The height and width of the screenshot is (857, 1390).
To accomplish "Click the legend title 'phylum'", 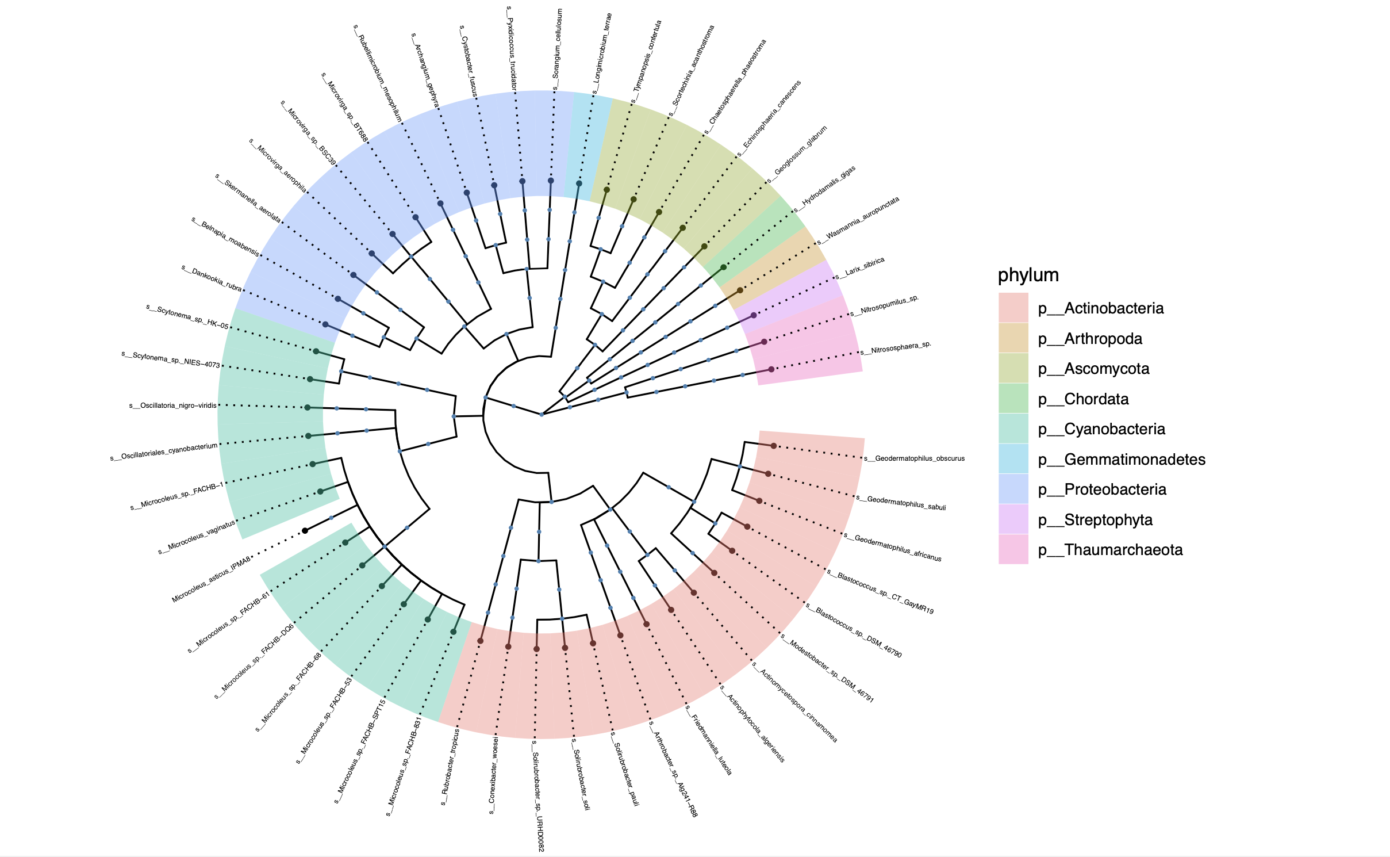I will (1028, 275).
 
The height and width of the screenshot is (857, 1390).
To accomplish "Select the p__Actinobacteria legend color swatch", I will (1013, 308).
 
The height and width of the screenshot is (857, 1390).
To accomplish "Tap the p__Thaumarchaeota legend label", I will (1110, 550).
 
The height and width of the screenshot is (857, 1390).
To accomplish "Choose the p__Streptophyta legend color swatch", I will (1013, 519).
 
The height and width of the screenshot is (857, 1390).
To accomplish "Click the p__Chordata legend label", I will (1083, 399).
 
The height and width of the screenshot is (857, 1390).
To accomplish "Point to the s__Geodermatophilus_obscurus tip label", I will (915, 458).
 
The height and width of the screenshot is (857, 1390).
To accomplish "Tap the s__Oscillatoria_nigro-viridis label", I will (172, 405).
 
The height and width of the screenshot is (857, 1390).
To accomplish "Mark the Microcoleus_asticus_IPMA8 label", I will (211, 580).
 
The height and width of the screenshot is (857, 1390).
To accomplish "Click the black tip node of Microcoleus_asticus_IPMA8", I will (305, 530).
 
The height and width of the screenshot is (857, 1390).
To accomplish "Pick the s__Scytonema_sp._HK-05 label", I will (187, 317).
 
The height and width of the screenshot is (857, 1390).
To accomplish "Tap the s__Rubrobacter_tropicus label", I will (451, 766).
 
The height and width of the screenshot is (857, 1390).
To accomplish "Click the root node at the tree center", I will (541, 414).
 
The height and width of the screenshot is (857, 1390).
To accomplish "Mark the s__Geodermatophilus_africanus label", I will (893, 547).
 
